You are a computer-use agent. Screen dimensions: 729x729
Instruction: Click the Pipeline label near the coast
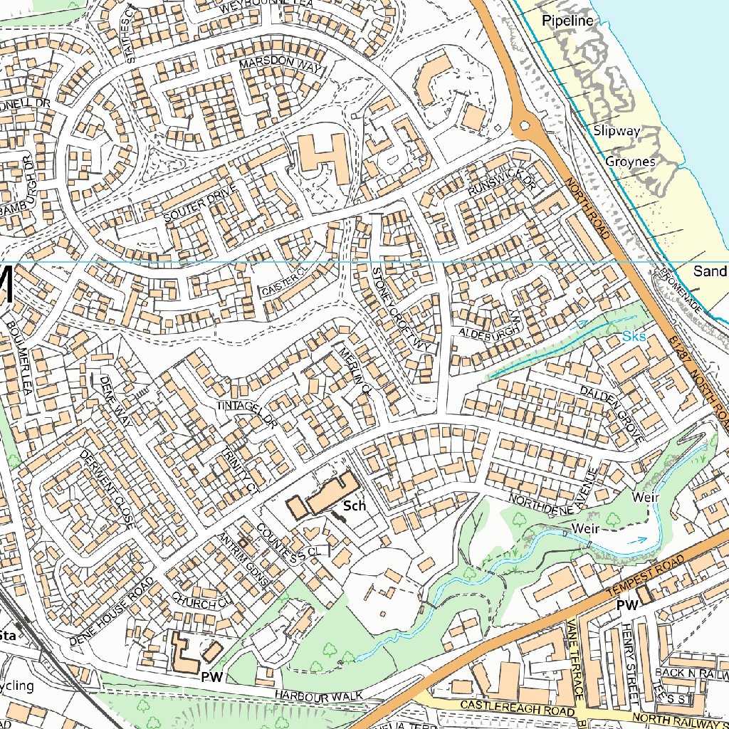567,21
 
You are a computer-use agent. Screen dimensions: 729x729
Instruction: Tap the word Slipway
617,131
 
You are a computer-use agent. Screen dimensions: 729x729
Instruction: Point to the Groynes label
630,162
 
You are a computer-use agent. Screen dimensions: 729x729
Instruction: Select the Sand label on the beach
710,271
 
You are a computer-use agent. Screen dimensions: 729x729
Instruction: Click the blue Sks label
634,336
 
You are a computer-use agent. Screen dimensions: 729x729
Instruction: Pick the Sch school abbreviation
354,506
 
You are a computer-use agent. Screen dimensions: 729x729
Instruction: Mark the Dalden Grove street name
612,414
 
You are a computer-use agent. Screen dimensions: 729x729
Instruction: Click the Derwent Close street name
107,489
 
